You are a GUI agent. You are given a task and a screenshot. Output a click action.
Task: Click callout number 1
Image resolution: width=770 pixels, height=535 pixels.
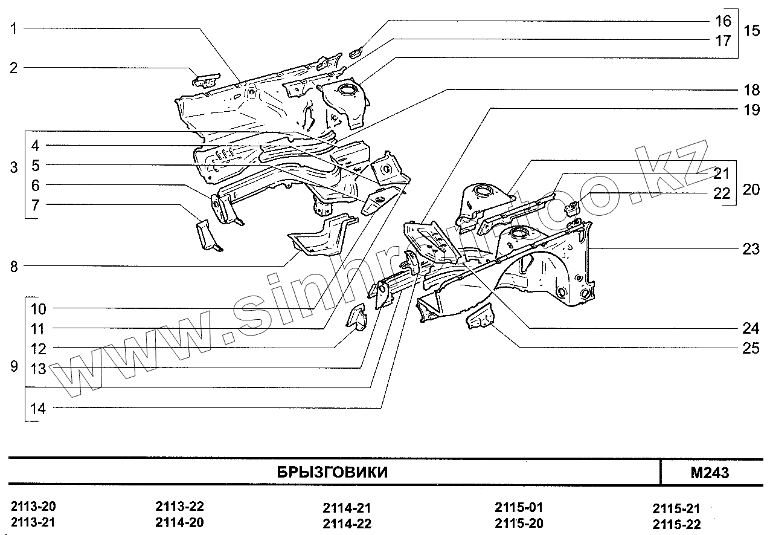13,28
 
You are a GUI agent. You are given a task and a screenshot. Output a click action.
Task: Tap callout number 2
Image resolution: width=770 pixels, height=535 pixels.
13,68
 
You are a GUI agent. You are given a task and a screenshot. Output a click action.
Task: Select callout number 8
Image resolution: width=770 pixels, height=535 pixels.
13,266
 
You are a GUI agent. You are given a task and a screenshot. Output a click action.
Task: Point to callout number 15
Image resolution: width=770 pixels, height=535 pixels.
751,31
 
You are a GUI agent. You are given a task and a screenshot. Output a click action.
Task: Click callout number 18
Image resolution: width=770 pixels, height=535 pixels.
751,90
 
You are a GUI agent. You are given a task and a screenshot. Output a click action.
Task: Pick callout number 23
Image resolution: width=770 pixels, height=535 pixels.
751,249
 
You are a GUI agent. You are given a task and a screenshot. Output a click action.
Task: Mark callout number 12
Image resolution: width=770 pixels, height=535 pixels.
39,349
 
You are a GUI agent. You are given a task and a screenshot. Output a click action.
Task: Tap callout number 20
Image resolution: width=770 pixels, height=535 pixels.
751,190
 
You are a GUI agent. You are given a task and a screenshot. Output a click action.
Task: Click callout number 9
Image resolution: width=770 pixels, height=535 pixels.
13,367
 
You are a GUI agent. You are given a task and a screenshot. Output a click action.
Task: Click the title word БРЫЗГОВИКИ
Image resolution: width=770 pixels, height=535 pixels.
332,472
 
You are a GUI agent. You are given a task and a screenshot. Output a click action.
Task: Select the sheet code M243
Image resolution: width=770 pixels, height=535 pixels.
710,473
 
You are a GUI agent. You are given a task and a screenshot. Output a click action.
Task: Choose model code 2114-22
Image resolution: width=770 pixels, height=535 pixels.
347,524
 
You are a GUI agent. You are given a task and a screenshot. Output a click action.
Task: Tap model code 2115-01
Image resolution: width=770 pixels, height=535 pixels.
518,507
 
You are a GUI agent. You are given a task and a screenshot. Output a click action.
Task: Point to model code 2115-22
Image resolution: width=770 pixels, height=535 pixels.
677,524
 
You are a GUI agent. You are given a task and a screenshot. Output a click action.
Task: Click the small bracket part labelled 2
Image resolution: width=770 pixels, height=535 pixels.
206,80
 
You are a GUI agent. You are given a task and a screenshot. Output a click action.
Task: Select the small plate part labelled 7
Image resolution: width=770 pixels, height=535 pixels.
207,236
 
